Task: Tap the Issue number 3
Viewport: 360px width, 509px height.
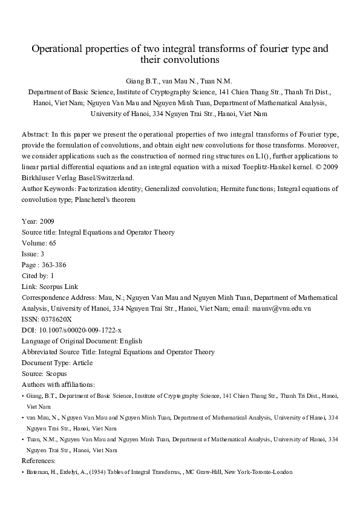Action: coord(41,254)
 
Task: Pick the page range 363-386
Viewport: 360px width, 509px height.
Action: coord(56,265)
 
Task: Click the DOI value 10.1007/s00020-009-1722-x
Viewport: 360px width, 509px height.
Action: coord(80,330)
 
